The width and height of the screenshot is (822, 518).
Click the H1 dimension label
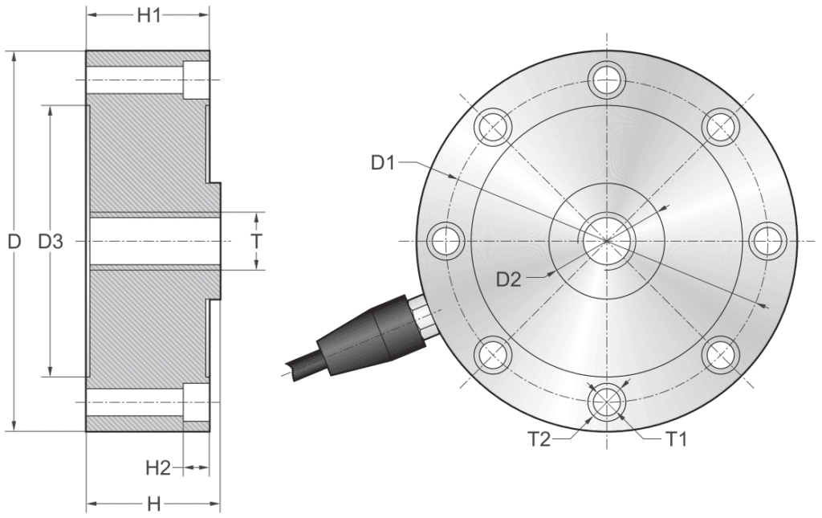(x=148, y=16)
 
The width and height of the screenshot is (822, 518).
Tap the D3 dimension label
(x=51, y=241)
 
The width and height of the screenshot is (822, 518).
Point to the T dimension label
(x=256, y=241)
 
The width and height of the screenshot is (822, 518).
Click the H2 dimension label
(x=159, y=467)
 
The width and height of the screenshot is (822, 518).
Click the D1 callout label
(x=383, y=163)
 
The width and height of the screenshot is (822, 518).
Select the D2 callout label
(x=509, y=280)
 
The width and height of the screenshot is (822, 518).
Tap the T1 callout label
(x=675, y=438)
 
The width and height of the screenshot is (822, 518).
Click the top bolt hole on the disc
(x=608, y=77)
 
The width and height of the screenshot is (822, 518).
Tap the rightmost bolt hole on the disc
(x=770, y=240)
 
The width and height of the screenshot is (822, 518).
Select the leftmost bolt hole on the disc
(x=446, y=240)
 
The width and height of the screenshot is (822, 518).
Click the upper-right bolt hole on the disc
(x=722, y=125)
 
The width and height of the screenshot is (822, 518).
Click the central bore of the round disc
(x=608, y=240)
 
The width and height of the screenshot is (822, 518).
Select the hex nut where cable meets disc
(x=421, y=315)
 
